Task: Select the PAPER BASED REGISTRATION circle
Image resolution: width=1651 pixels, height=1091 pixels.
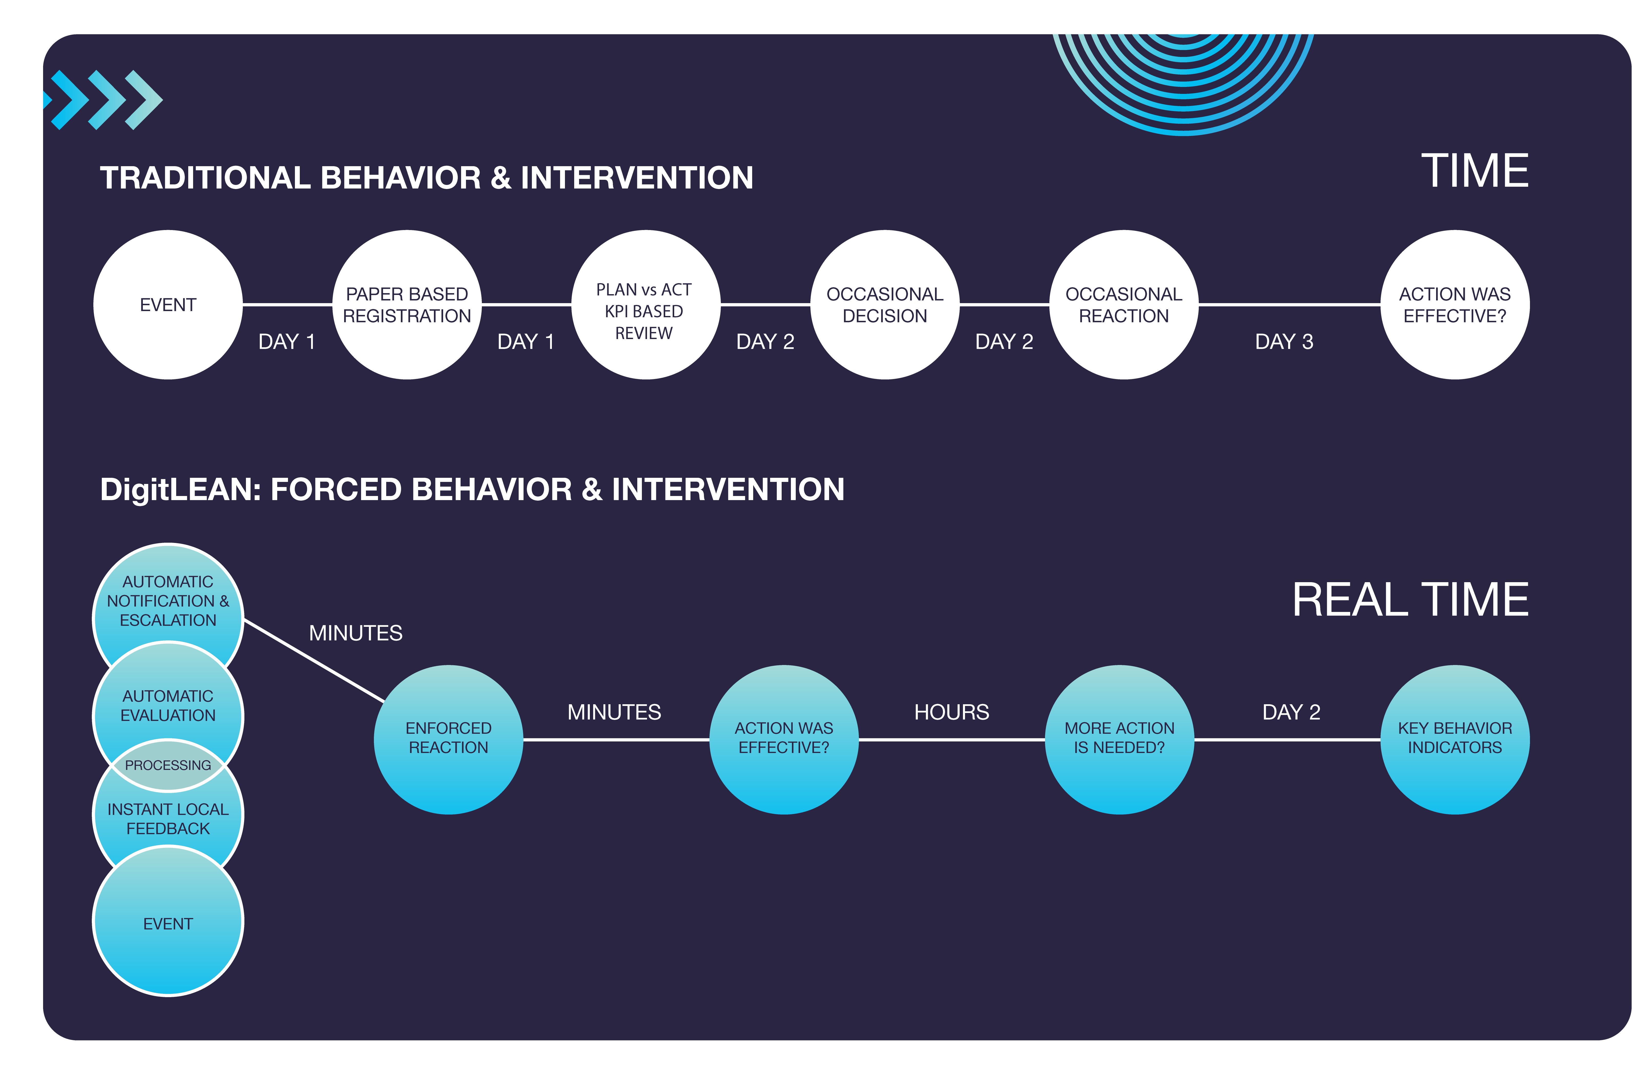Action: pos(407,305)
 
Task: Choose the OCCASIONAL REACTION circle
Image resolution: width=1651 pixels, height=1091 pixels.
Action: pos(1124,305)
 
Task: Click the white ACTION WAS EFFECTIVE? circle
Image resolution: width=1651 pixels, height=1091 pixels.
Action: pos(1455,305)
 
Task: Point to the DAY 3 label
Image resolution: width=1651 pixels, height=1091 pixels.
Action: pos(1284,342)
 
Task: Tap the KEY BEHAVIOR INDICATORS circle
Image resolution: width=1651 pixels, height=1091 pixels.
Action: pos(1455,739)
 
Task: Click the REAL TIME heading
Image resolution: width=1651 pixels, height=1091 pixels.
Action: pos(1410,600)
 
